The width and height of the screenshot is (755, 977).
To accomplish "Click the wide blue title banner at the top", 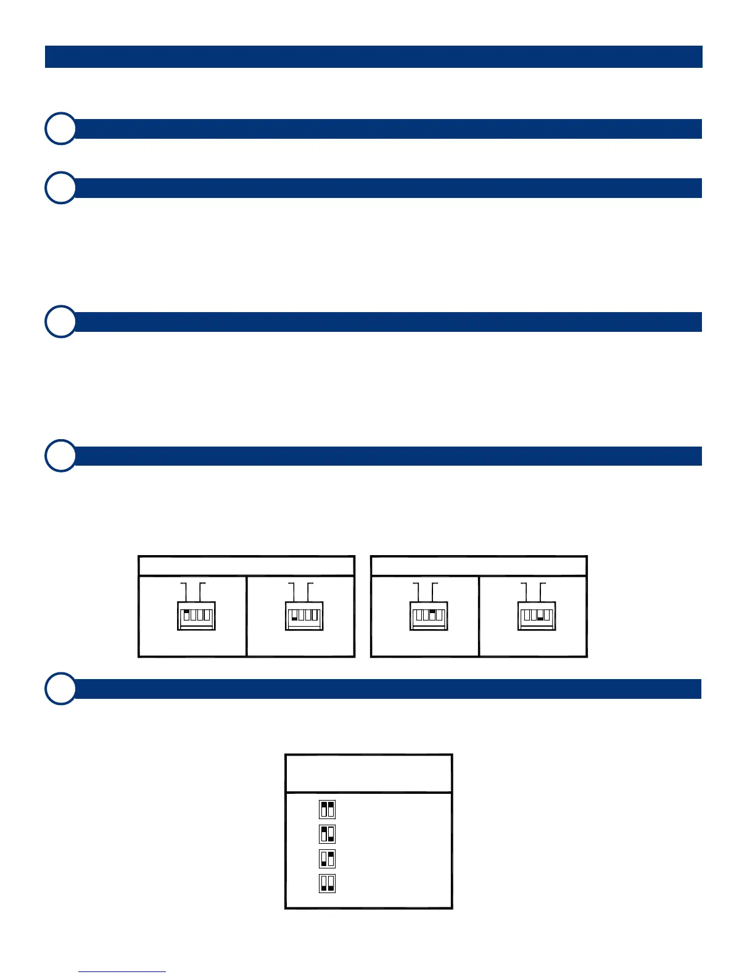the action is pyautogui.click(x=373, y=57).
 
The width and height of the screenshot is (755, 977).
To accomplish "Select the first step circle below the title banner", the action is pyautogui.click(x=61, y=129).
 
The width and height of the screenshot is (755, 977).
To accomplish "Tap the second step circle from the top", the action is pyautogui.click(x=61, y=188).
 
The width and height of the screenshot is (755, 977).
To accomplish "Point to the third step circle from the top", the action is pyautogui.click(x=61, y=321).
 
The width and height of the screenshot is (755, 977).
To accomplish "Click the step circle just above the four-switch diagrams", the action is pyautogui.click(x=61, y=456).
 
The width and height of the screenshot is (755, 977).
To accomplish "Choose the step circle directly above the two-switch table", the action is pyautogui.click(x=61, y=688).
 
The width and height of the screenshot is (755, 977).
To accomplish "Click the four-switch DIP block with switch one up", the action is pyautogui.click(x=197, y=615).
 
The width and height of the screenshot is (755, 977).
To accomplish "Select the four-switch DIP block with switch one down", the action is pyautogui.click(x=304, y=615).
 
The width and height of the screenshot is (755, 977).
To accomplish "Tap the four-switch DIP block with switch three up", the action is pyautogui.click(x=429, y=615).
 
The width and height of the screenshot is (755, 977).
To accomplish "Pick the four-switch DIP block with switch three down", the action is pyautogui.click(x=537, y=615).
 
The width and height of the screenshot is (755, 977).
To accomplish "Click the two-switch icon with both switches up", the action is pyautogui.click(x=327, y=809).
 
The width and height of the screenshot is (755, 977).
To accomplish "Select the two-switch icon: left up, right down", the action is pyautogui.click(x=327, y=834).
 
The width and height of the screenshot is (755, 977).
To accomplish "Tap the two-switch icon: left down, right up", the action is pyautogui.click(x=327, y=859).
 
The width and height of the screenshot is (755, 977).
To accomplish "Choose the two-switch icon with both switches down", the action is pyautogui.click(x=327, y=883).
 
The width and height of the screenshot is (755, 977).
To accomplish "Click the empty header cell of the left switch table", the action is pyautogui.click(x=246, y=566).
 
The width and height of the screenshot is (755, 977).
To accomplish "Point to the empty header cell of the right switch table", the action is pyautogui.click(x=478, y=566).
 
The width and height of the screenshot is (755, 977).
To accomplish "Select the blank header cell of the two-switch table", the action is pyautogui.click(x=368, y=773).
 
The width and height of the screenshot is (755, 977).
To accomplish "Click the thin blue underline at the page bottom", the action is pyautogui.click(x=122, y=971).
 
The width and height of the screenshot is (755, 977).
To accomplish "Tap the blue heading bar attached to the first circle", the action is pyautogui.click(x=389, y=129).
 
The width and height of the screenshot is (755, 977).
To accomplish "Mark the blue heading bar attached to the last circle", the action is pyautogui.click(x=389, y=688).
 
